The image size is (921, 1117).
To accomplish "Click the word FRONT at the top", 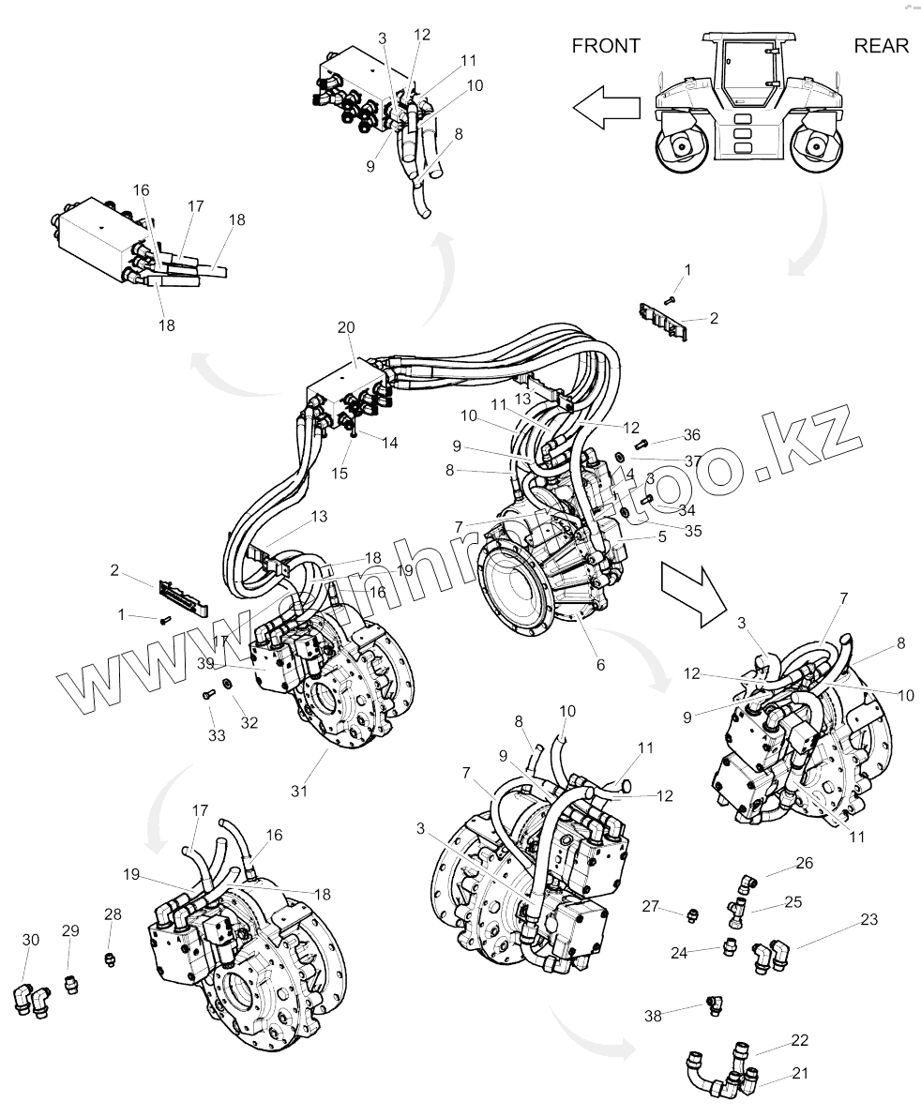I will point(606,45).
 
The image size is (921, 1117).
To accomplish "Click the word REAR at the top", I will point(881,45).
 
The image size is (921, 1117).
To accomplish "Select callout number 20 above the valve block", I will point(346,327).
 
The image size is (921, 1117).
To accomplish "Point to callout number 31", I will point(298,791).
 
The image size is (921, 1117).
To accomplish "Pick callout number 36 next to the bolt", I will point(691,434).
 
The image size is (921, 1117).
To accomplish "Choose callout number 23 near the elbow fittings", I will point(868,920).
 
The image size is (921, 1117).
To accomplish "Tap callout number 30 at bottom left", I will point(30,940).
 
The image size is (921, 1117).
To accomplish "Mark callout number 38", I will point(654,1015).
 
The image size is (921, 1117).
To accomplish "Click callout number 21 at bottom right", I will point(800,1073).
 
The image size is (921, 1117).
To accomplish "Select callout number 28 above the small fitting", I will point(113,913).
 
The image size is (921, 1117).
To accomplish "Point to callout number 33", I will point(218,736).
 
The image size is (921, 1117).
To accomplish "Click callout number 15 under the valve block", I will point(340,474).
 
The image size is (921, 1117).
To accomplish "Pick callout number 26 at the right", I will point(804,863).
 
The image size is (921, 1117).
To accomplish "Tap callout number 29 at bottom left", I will point(71,930).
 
